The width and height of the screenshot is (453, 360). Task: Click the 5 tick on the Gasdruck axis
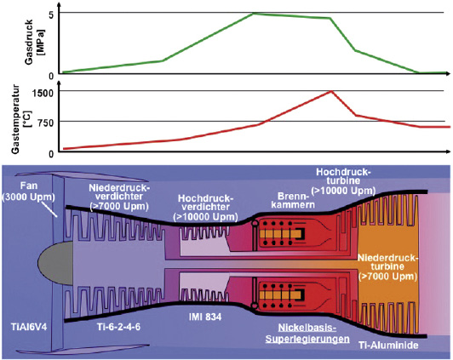(51, 15)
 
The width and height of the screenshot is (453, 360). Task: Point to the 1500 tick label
(43, 93)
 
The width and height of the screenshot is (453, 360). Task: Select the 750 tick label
(46, 123)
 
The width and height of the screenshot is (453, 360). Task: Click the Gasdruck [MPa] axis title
(34, 43)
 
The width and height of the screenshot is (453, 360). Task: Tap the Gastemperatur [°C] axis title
(20, 119)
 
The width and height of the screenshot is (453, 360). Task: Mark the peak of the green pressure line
(254, 14)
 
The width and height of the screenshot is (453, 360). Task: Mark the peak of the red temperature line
(331, 92)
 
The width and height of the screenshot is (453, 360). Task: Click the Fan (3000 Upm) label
(29, 191)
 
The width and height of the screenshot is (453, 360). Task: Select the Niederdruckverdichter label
(119, 197)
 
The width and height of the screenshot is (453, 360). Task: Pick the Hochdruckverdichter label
(205, 208)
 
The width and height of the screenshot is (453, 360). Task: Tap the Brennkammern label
(293, 201)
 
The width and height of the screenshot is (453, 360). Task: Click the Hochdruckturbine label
(343, 181)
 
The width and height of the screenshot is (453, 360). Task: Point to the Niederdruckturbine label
(387, 266)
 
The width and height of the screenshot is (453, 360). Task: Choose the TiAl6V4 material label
(29, 328)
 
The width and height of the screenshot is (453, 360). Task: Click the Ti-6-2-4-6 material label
(118, 327)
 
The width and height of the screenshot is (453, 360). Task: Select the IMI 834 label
(205, 317)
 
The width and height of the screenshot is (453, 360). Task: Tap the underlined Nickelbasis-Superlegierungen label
(307, 333)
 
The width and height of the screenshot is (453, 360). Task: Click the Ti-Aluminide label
(388, 345)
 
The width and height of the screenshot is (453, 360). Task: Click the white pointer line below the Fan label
(49, 209)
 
